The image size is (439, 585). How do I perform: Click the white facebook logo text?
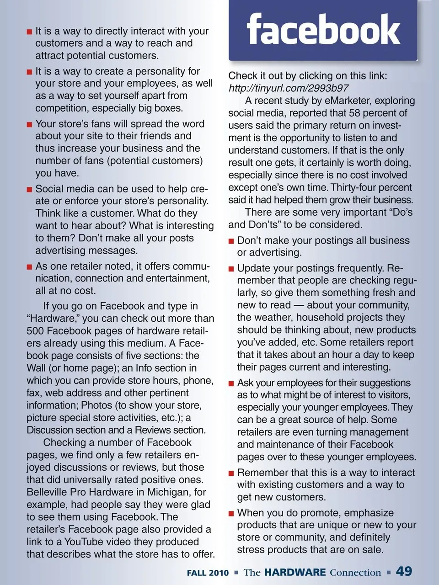pos(323,29)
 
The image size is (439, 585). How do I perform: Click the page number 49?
pos(404,571)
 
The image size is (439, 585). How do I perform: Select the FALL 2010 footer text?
pos(208,573)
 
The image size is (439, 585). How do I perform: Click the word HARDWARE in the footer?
pos(295,572)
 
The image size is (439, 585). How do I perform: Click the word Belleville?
pos(49,492)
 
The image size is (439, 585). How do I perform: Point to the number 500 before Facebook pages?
pos(35,331)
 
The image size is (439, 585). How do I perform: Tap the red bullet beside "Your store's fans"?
pos(29,124)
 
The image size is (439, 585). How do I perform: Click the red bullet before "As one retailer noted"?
pos(29,267)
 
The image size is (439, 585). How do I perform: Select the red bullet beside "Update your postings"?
pos(231,269)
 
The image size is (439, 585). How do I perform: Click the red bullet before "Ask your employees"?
pos(231,383)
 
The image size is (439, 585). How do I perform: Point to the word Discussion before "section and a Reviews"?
pos(50,430)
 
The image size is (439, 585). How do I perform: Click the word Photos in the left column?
pos(96,405)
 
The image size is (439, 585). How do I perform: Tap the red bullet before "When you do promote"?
pos(231,514)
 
